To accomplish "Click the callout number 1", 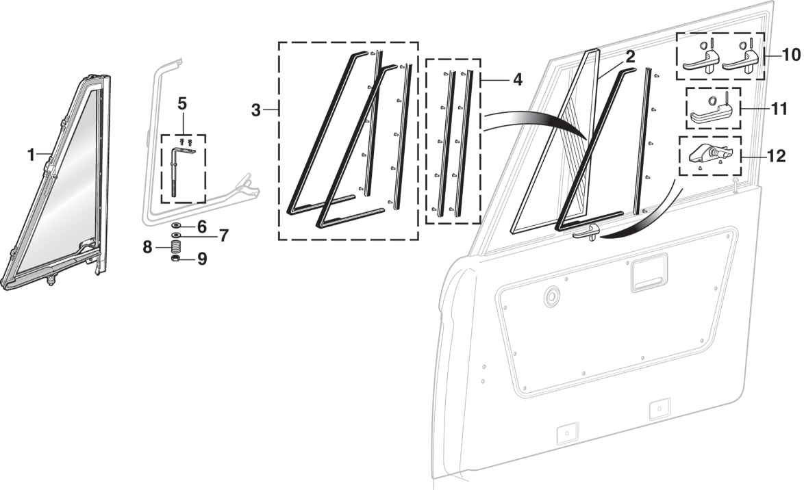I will point(31,155).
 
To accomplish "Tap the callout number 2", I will point(629,57).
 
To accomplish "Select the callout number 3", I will point(256,110).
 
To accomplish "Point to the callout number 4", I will point(517,80).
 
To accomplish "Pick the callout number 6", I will point(201,226).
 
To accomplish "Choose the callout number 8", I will point(147,247).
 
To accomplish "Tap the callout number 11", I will point(780,107).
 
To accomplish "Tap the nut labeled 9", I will point(176,260).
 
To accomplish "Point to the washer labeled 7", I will point(176,235).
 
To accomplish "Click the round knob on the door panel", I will point(550,298).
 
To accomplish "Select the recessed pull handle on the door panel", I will point(645,277).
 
